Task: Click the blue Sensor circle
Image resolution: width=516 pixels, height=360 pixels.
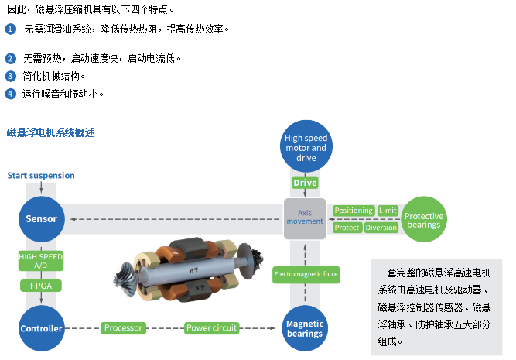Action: click(41, 218)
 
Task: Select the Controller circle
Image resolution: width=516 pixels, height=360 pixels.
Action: click(41, 328)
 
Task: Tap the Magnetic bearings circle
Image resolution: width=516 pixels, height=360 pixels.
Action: click(304, 328)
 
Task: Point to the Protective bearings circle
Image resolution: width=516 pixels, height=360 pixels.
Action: click(423, 221)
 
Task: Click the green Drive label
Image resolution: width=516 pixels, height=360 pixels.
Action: click(305, 183)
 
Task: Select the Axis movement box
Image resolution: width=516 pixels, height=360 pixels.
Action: click(305, 217)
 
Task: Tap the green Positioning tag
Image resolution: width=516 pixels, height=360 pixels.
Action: click(354, 211)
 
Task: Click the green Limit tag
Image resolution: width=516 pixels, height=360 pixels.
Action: click(388, 211)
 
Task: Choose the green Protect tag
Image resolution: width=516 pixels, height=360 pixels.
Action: click(347, 228)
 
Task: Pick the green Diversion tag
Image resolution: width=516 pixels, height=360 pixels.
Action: click(381, 228)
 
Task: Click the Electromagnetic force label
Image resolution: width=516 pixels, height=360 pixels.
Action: click(306, 274)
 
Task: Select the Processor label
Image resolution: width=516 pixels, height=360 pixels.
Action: click(123, 328)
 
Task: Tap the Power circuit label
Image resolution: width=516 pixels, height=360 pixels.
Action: click(211, 328)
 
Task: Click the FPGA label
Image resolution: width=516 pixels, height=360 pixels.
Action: click(40, 285)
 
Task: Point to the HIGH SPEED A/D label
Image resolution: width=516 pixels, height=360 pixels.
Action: click(40, 260)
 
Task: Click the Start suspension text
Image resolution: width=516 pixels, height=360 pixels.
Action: click(41, 176)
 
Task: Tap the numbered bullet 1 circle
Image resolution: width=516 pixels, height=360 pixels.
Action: click(10, 29)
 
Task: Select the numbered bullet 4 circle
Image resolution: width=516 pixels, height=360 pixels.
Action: click(10, 94)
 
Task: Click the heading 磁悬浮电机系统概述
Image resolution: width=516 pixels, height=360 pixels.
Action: click(50, 132)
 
